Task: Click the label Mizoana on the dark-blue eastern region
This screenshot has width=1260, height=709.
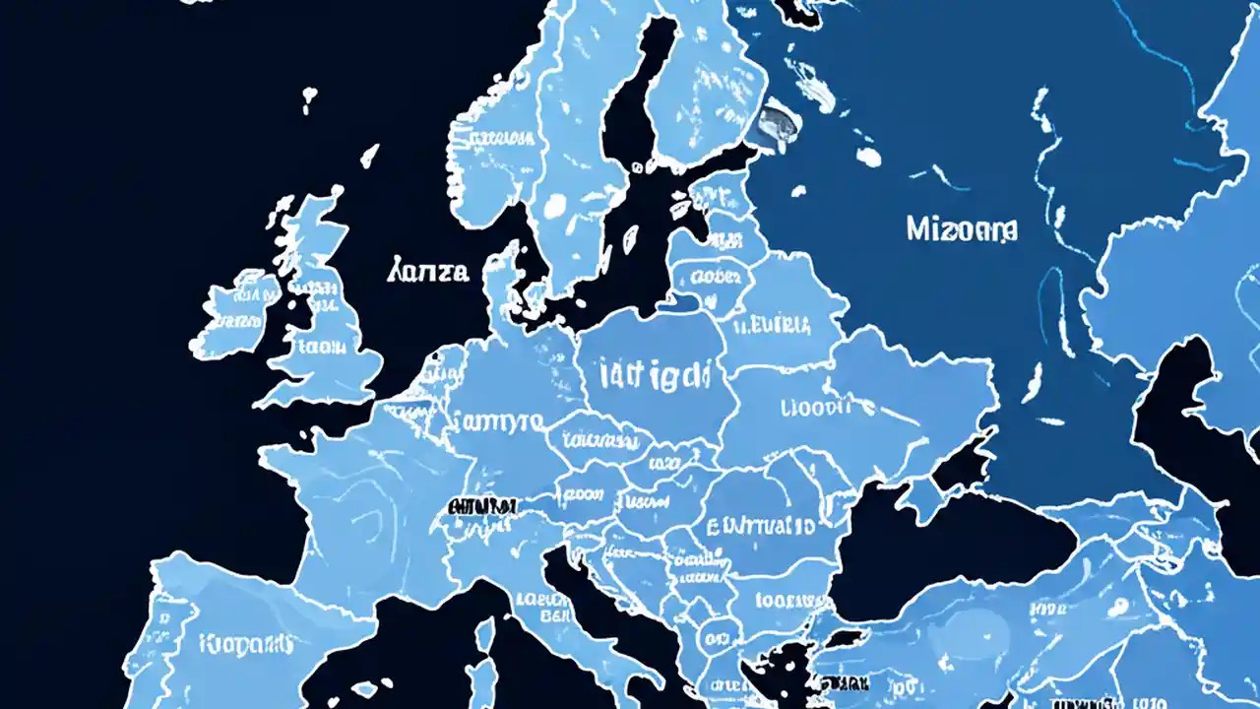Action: click(961, 230)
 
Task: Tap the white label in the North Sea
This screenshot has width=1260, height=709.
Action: click(428, 271)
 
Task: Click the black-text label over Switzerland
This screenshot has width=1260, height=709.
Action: click(482, 506)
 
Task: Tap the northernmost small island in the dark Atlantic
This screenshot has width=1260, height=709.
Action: click(309, 96)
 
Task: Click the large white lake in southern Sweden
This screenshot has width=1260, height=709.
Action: click(554, 205)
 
